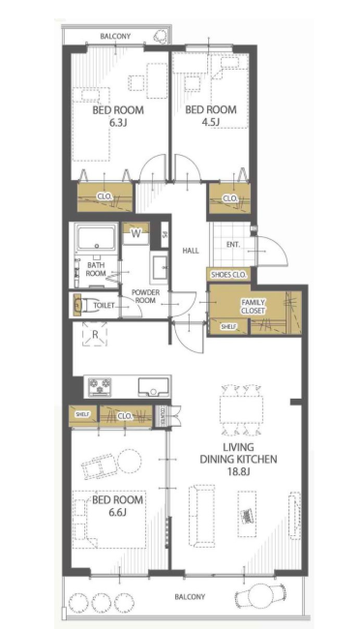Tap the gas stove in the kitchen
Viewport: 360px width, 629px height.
pyautogui.click(x=100, y=386)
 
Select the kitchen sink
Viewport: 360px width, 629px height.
pyautogui.click(x=153, y=387)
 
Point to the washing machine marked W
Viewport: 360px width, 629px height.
pyautogui.click(x=136, y=234)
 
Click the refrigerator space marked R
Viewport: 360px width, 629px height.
pyautogui.click(x=95, y=334)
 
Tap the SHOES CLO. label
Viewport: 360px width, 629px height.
pyautogui.click(x=228, y=275)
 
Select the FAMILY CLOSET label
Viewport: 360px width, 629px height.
pyautogui.click(x=253, y=307)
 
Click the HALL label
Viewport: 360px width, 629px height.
pyautogui.click(x=191, y=252)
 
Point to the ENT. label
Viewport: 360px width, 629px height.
pyautogui.click(x=233, y=244)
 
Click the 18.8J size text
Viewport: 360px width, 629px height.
pyautogui.click(x=237, y=472)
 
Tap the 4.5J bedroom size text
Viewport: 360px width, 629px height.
pyautogui.click(x=210, y=122)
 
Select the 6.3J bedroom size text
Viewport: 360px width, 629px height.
pyautogui.click(x=118, y=123)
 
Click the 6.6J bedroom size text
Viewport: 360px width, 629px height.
pyautogui.click(x=118, y=512)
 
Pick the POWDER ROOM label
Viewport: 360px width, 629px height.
pyautogui.click(x=145, y=296)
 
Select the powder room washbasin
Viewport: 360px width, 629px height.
pyautogui.click(x=161, y=265)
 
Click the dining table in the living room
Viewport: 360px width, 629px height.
pyautogui.click(x=241, y=409)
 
